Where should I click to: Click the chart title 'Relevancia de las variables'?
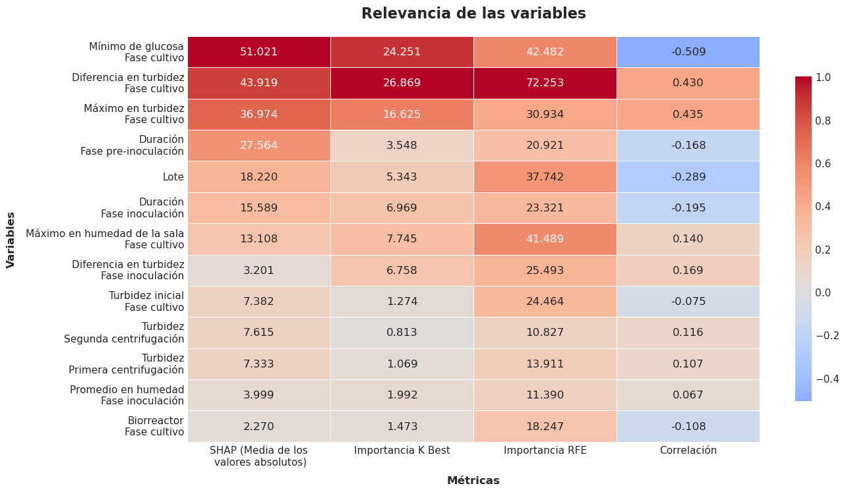[473, 14]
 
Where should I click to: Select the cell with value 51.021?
[258, 52]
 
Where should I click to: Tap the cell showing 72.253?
[545, 83]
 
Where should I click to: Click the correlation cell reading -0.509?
[688, 52]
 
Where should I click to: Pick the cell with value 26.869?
[402, 83]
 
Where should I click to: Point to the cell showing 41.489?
[545, 239]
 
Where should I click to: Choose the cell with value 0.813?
[402, 333]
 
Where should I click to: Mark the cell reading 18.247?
[545, 426]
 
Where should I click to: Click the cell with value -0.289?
[688, 177]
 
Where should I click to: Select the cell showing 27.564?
[258, 146]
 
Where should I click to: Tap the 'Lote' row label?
[173, 177]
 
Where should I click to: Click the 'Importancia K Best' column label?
[402, 451]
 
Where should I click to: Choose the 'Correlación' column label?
[688, 451]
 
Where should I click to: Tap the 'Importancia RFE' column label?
[545, 451]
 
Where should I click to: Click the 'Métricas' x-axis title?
[473, 481]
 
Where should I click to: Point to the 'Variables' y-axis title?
[11, 239]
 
